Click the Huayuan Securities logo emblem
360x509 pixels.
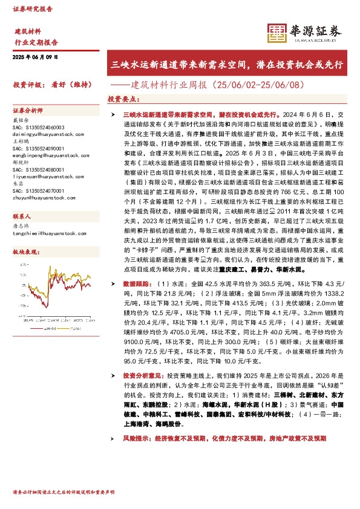pos(277,33)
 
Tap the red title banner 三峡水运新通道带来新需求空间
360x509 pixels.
pos(227,63)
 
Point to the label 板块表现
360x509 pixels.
pos(25,251)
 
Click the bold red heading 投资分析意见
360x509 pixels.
pos(142,375)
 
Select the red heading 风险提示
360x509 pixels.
pos(137,438)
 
